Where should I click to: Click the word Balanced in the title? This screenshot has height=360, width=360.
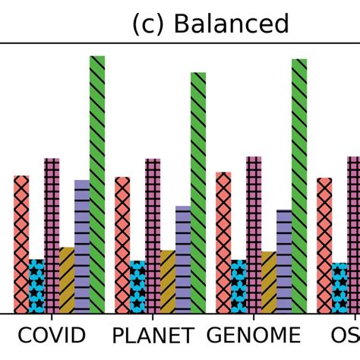point(231,24)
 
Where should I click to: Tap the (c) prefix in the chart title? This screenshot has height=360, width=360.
point(149,24)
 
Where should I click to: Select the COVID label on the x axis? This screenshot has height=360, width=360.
point(52,335)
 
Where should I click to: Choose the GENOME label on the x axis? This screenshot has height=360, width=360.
point(254,335)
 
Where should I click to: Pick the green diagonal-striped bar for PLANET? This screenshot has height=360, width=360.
point(198,193)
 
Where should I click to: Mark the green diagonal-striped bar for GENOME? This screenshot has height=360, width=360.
point(299,186)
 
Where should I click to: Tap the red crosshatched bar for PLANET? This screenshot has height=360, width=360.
point(122,245)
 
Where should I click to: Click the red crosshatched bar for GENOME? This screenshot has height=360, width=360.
point(223,242)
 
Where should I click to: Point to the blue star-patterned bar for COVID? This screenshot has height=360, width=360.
point(36,286)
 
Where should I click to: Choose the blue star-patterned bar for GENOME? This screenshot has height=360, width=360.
point(238,286)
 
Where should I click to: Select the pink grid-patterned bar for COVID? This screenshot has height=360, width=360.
point(52,235)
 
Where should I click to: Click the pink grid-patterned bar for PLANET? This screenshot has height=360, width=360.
point(153,235)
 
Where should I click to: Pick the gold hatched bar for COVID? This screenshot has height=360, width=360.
point(67,280)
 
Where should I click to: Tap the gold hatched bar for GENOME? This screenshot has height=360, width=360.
point(269,283)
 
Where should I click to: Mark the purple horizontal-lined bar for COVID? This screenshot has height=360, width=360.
point(82,246)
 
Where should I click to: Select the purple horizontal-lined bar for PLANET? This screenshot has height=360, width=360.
point(183,259)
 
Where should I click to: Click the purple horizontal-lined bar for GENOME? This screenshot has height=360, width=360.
point(284,261)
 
